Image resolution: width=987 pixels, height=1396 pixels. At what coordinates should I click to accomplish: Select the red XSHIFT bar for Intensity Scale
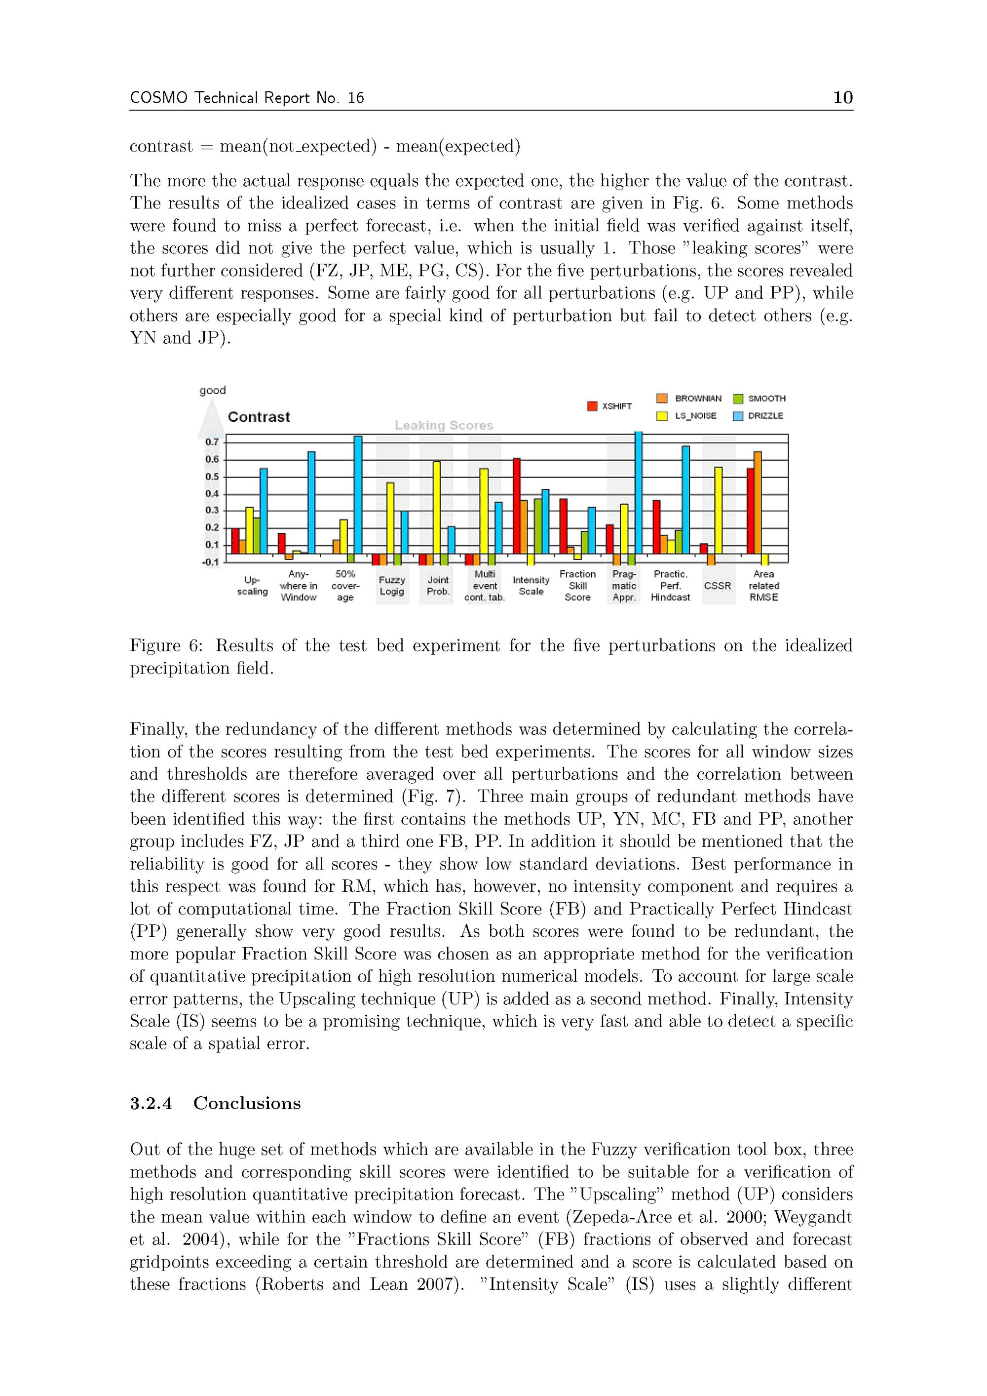pyautogui.click(x=517, y=506)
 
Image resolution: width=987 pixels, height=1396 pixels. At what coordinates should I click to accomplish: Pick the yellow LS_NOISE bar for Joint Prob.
pyautogui.click(x=437, y=507)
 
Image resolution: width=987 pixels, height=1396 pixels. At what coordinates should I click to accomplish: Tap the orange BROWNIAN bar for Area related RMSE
pyautogui.click(x=757, y=502)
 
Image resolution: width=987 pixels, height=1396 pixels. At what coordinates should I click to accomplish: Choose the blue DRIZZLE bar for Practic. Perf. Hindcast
pyautogui.click(x=685, y=499)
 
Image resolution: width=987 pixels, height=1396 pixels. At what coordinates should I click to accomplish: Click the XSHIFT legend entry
pyautogui.click(x=609, y=406)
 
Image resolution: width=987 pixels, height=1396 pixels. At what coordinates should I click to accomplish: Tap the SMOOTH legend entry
pyautogui.click(x=759, y=399)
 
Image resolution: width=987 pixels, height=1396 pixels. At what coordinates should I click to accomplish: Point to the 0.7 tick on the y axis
pyautogui.click(x=212, y=442)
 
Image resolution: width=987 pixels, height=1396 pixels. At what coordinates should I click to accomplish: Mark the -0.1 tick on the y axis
pyautogui.click(x=210, y=562)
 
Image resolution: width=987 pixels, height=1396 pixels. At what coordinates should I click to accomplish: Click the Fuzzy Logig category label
pyautogui.click(x=392, y=586)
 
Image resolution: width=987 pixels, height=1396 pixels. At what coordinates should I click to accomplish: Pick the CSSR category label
pyautogui.click(x=717, y=586)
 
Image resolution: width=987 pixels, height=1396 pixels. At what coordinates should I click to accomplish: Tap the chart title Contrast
pyautogui.click(x=259, y=417)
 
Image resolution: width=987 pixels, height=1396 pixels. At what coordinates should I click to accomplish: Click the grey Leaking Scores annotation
pyautogui.click(x=444, y=426)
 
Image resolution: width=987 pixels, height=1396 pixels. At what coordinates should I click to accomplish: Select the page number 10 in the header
pyautogui.click(x=842, y=97)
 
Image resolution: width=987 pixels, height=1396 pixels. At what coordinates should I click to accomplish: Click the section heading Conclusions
pyautogui.click(x=247, y=1104)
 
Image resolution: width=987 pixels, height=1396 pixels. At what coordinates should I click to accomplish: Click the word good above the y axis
pyautogui.click(x=213, y=390)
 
